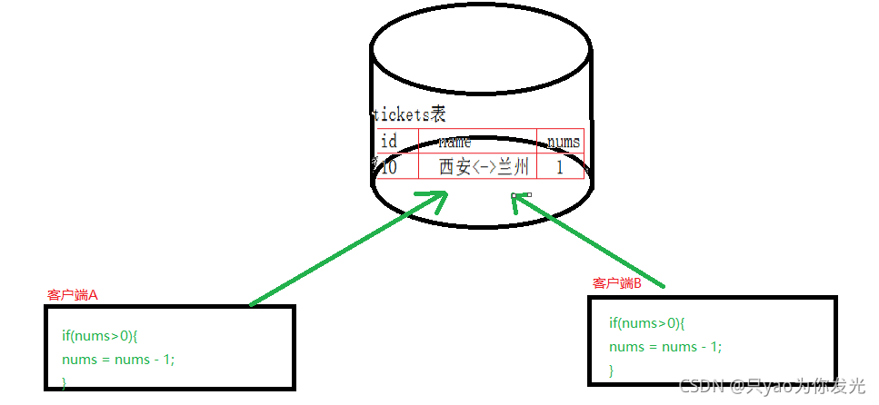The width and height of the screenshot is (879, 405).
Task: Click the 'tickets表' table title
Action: click(x=409, y=114)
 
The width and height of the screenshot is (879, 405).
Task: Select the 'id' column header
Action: click(x=389, y=141)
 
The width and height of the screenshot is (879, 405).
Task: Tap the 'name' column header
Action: click(x=454, y=142)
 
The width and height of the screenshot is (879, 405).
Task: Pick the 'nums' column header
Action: click(x=562, y=141)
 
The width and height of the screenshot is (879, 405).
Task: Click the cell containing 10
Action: click(x=388, y=166)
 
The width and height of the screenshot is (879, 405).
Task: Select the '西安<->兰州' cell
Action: click(x=484, y=166)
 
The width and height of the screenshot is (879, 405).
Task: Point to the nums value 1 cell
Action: click(x=560, y=166)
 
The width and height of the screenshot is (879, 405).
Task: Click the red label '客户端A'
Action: click(x=72, y=295)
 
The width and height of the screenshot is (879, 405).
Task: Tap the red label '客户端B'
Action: click(x=617, y=284)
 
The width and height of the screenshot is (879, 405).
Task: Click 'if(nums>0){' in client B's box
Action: click(x=646, y=323)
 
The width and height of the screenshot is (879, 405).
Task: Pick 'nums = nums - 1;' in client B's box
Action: click(x=665, y=346)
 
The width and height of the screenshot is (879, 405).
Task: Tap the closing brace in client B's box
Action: click(x=612, y=370)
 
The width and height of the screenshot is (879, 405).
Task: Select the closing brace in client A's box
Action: click(x=65, y=381)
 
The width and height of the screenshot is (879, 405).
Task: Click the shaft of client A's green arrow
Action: click(x=336, y=254)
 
